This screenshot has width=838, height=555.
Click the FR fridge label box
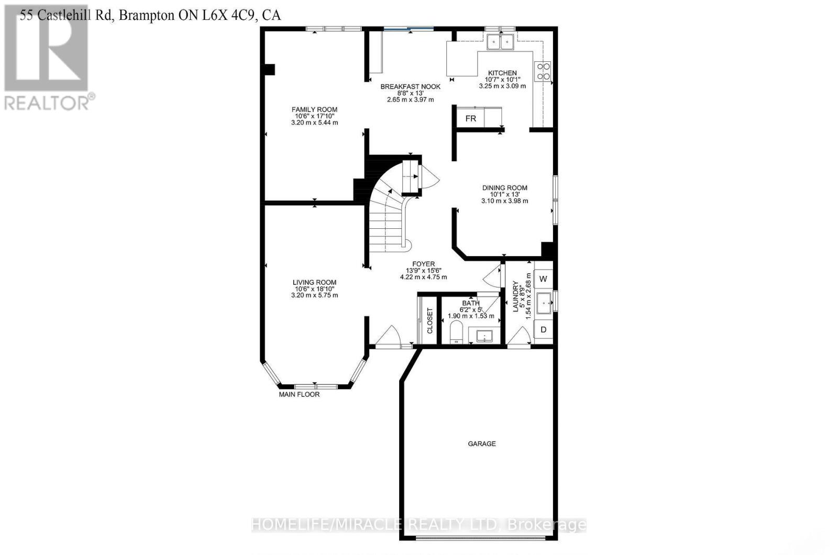point(470,118)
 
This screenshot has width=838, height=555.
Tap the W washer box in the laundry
point(543,279)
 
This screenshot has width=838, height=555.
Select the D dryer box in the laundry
point(543,330)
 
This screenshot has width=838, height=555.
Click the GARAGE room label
point(481,443)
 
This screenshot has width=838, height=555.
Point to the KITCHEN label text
point(502,73)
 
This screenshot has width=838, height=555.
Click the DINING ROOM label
point(504,187)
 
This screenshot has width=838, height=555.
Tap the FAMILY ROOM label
point(314,109)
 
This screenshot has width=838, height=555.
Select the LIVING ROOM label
point(314,282)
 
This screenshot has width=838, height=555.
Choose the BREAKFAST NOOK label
point(410,86)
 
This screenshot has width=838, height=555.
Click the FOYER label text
point(423,264)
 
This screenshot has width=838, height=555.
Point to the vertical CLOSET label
point(430,320)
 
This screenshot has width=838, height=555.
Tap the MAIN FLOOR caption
point(299,394)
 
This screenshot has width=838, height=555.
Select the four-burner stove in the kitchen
point(543,71)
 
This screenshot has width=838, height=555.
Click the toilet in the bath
point(457,332)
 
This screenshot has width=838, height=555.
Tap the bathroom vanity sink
point(482,335)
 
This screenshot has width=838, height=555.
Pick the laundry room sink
point(544,303)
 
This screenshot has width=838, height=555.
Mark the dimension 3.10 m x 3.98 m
point(504,201)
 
